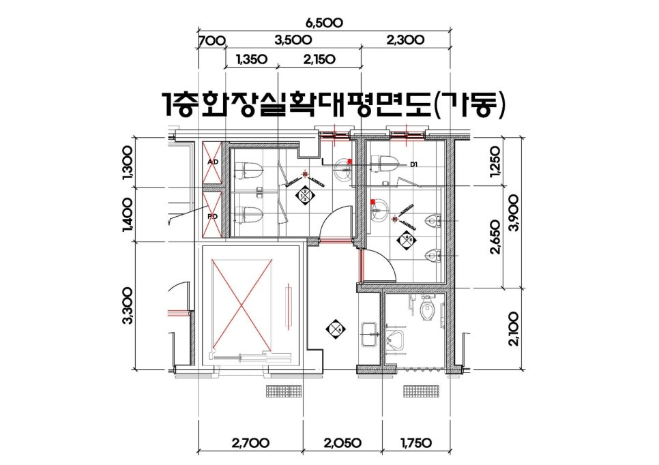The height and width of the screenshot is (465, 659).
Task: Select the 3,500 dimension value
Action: pos(293,40)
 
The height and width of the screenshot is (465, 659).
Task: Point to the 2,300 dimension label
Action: pos(405,40)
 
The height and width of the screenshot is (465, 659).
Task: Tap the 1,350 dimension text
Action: pos(251,59)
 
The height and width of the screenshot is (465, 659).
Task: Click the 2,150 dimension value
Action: pos(319,59)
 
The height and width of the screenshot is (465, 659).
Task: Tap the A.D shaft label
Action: pos(213,162)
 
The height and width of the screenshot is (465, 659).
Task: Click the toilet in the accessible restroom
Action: pos(428,310)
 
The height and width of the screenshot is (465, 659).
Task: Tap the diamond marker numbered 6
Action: pos(335,329)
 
